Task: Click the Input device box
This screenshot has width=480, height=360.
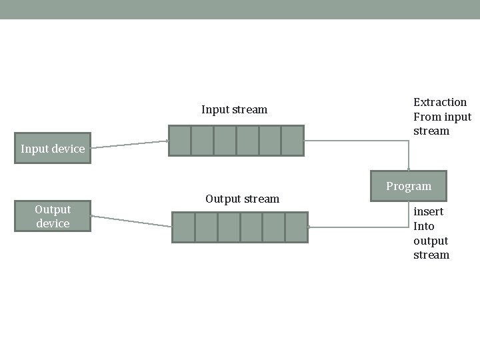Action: point(53,148)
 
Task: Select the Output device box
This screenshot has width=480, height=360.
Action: point(53,216)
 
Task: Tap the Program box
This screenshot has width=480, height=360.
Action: point(409,186)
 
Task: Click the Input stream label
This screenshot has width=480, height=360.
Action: point(234,109)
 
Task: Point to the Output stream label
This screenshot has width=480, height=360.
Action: point(242,199)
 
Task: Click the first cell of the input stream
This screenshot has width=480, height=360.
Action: point(180,141)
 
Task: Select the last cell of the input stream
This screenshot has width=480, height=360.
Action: point(292,141)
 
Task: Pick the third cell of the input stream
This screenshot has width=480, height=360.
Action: point(225,141)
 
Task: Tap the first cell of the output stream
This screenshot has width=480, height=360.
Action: point(183,227)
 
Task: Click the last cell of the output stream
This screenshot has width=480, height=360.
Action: point(296,227)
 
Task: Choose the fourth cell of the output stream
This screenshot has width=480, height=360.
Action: point(251,227)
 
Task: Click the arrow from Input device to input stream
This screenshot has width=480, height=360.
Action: point(130,144)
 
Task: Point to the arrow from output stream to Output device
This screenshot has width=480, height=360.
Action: point(131,221)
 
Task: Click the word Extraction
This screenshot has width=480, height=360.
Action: point(440,102)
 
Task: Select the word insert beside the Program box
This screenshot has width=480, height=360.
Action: point(428,211)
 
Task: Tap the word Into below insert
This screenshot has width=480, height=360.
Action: point(424,226)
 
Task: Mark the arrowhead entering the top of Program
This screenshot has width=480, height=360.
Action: point(409,169)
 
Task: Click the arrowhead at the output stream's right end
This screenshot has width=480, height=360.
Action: point(310,227)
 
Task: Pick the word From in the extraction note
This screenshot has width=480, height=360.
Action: point(427,117)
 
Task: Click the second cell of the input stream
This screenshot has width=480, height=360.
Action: point(202,141)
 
